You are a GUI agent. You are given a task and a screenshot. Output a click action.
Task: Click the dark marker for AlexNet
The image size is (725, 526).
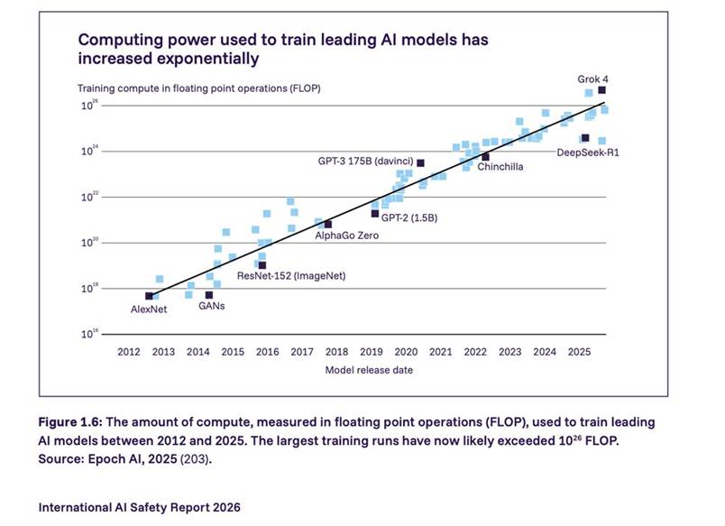click(x=149, y=296)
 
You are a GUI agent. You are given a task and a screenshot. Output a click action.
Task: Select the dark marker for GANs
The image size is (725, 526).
click(x=209, y=295)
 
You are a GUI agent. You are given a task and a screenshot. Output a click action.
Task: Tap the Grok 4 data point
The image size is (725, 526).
click(x=601, y=90)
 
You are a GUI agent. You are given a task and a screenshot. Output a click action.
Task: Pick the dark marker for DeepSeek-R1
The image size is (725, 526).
click(x=584, y=138)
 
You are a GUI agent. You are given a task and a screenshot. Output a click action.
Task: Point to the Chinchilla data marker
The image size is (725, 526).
click(x=485, y=157)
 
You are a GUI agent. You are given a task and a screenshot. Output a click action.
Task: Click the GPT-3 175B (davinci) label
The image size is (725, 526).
click(x=364, y=161)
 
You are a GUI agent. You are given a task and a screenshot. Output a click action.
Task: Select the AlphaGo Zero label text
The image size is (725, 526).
click(x=346, y=235)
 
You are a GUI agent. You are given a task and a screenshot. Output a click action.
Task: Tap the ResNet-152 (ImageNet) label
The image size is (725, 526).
click(x=290, y=275)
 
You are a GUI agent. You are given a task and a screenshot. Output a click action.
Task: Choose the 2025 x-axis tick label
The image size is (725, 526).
click(x=578, y=352)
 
